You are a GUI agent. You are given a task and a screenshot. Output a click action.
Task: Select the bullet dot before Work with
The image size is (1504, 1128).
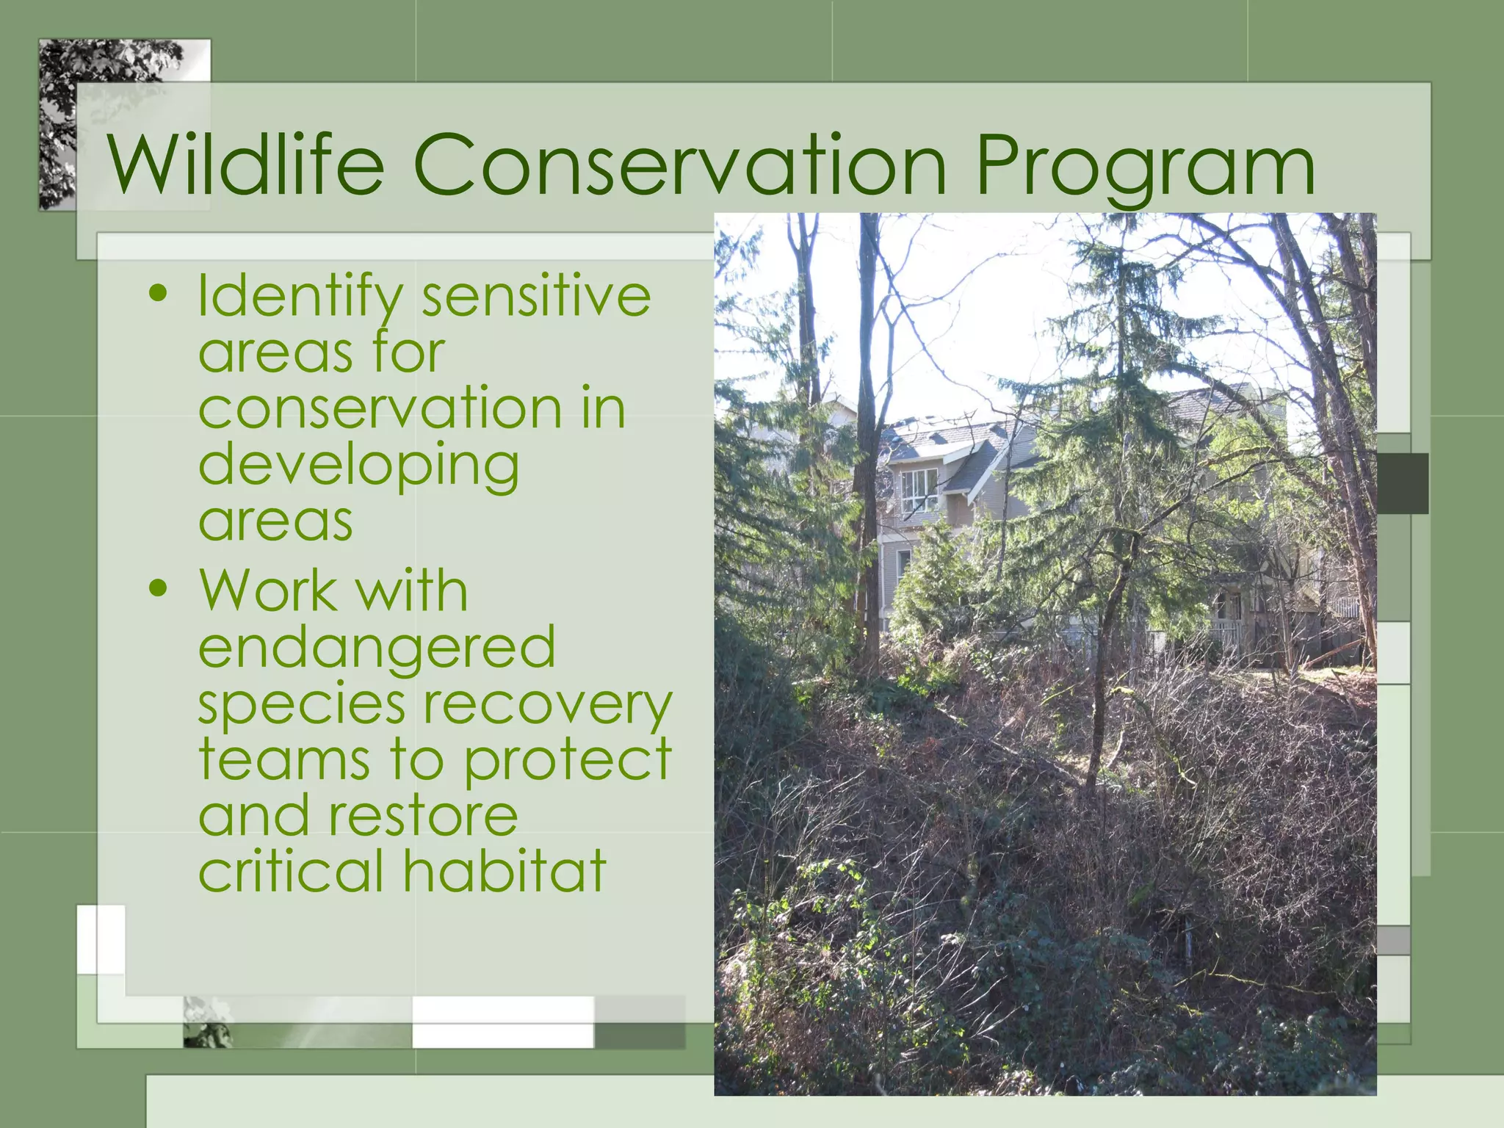[158, 589]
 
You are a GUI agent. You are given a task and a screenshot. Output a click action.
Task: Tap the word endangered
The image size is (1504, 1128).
[377, 648]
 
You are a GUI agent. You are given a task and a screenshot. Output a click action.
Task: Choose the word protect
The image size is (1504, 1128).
[568, 761]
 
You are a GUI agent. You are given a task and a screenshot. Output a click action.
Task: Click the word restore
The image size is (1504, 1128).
[423, 816]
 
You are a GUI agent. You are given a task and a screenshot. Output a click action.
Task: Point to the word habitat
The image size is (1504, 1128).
[505, 871]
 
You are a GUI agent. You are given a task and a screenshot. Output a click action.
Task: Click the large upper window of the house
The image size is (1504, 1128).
[919, 491]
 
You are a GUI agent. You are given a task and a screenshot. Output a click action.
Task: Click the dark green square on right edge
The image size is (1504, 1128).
[1402, 483]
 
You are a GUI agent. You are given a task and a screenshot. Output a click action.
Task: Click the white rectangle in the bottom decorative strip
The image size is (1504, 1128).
[502, 1022]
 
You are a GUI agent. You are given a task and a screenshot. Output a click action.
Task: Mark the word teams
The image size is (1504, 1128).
[284, 761]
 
